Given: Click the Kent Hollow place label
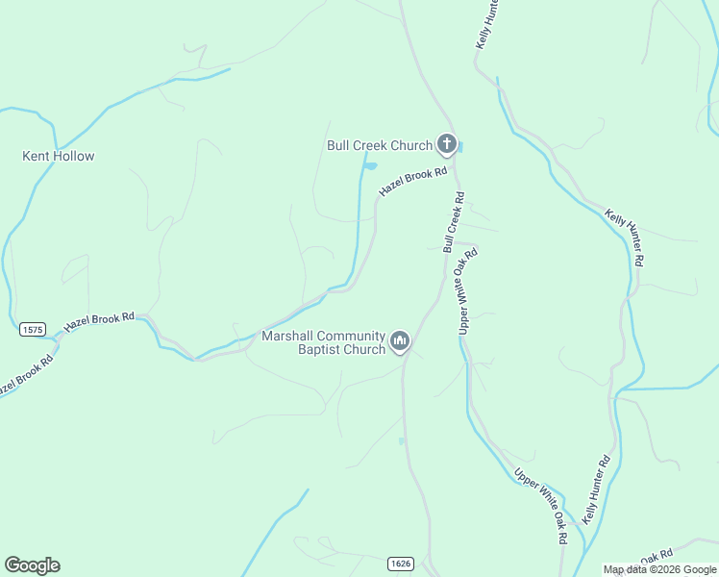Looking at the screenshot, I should [x=59, y=156].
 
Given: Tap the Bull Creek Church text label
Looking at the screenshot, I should [x=380, y=145].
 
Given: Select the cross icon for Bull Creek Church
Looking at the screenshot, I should [x=446, y=144].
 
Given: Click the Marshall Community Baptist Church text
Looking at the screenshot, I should [x=323, y=342].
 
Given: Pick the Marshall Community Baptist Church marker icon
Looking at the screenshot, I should [x=400, y=341].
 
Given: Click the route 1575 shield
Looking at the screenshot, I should [x=32, y=329].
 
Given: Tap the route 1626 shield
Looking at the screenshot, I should [x=402, y=562].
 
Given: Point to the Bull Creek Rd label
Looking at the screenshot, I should [x=454, y=222].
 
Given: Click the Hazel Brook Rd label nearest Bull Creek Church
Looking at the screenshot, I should [x=413, y=182].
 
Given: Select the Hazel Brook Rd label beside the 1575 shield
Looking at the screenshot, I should [x=100, y=321].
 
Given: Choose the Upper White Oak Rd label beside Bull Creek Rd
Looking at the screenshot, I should [x=468, y=290].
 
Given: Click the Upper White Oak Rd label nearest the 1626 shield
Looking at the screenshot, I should [x=540, y=505].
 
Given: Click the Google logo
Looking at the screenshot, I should [x=32, y=565].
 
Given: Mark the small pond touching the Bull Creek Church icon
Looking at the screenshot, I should [x=461, y=147].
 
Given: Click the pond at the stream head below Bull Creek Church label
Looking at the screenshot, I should [x=369, y=167].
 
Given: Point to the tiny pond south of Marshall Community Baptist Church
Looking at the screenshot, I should [x=401, y=441].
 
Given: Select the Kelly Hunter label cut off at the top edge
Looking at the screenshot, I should [x=488, y=25].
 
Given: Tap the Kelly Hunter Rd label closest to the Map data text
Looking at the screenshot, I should [x=596, y=489].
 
